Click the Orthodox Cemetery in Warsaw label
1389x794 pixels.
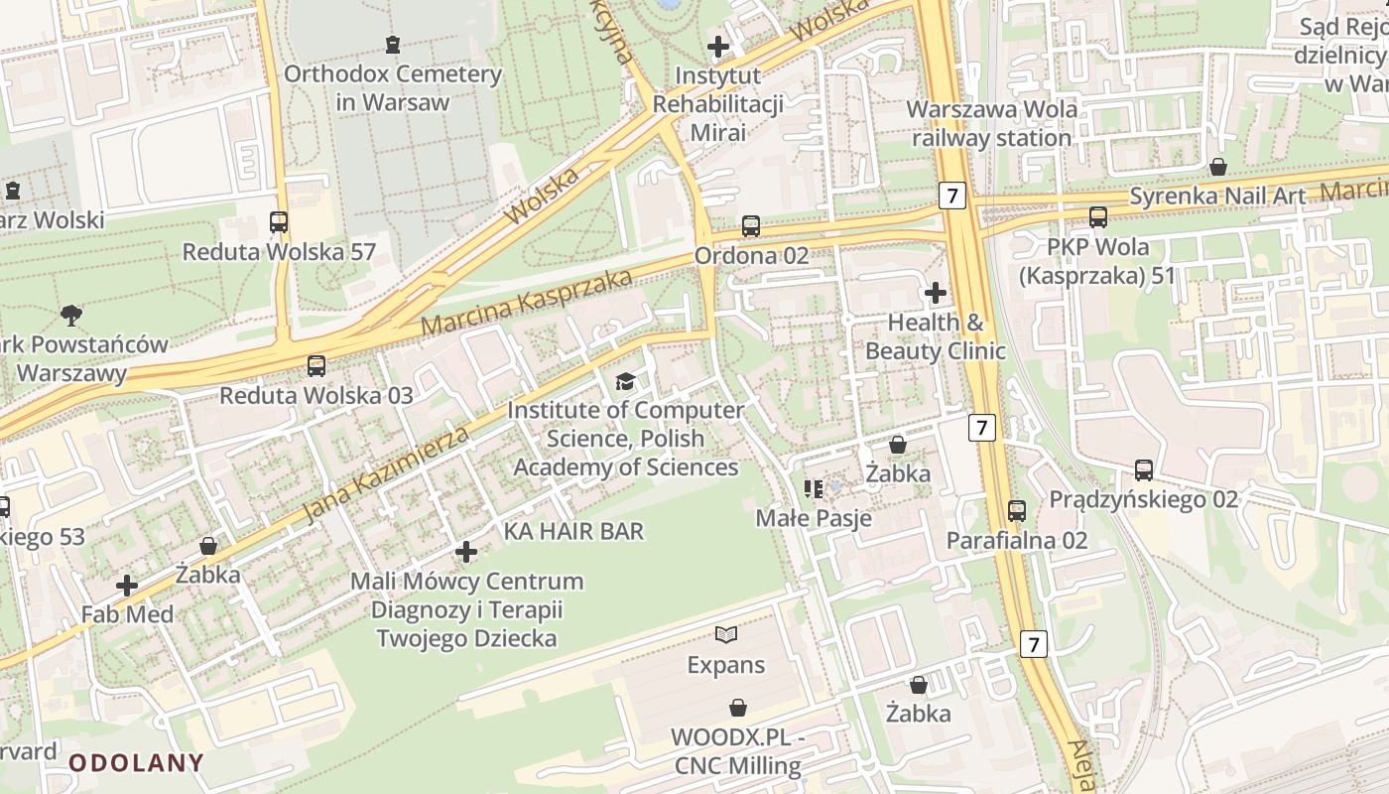(393, 87)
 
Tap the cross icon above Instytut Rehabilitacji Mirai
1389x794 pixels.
(717, 46)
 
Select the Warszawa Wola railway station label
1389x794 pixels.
(992, 123)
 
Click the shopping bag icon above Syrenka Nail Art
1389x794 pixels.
(1217, 167)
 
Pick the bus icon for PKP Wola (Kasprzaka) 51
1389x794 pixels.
(1097, 217)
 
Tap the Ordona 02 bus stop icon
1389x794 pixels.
(751, 226)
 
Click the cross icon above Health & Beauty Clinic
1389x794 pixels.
(935, 293)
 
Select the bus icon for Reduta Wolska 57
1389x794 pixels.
(279, 222)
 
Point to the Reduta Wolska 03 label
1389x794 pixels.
(316, 395)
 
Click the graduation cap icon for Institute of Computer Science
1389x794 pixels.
(625, 381)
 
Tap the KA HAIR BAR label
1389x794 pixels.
(573, 531)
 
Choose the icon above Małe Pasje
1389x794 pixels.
(814, 488)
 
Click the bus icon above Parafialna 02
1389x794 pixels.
(1017, 511)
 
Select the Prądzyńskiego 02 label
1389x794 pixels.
(1143, 499)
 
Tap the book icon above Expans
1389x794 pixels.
(726, 634)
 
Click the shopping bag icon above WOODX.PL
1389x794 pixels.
(737, 708)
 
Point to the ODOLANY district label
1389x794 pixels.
(136, 763)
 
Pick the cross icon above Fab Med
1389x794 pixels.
(127, 586)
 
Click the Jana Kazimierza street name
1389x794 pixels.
(386, 473)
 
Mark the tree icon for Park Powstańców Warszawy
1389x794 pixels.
(70, 316)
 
